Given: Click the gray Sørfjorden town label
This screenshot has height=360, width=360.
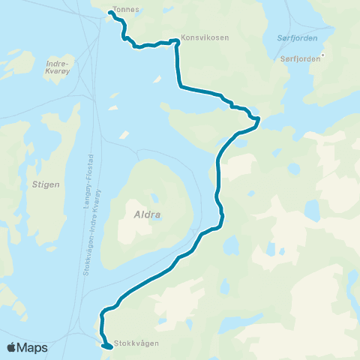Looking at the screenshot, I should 298,58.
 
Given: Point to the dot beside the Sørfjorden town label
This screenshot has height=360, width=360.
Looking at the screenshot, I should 323,54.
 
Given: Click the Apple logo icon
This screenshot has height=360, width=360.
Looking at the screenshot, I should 11,347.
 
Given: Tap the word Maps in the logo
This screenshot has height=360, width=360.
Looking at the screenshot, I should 32,348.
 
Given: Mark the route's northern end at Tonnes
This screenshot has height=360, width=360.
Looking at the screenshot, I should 111,13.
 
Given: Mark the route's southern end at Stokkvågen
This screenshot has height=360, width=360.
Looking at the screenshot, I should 109,347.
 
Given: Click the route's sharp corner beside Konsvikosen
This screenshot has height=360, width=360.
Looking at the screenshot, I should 176,41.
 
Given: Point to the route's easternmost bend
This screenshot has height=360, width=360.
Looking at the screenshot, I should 258,119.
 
